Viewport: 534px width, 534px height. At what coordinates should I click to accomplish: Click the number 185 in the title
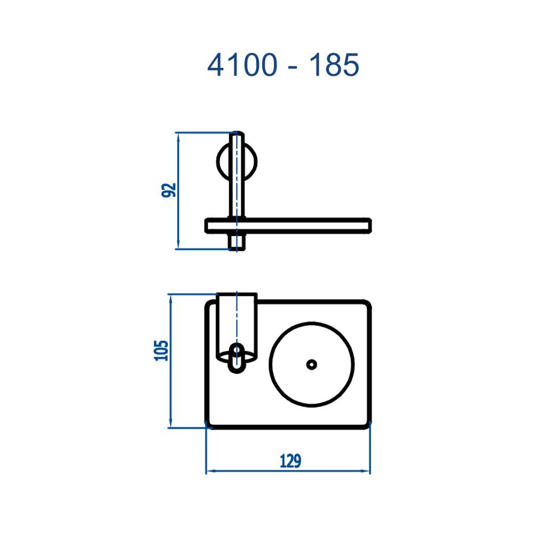(x=335, y=66)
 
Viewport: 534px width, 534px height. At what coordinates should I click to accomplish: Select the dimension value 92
(x=169, y=190)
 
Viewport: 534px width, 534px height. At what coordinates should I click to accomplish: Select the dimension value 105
(x=162, y=350)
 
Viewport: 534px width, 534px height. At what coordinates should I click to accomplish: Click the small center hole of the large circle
(x=311, y=364)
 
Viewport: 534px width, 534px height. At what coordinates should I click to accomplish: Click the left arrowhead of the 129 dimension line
(x=210, y=472)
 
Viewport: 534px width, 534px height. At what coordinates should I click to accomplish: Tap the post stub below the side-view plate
(x=237, y=241)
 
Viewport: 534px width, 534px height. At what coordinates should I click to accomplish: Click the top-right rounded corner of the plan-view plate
(x=366, y=304)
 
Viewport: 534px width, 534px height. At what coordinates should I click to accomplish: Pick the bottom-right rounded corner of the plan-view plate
(x=366, y=425)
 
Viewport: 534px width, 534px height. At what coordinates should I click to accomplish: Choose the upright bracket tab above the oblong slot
(x=237, y=320)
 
